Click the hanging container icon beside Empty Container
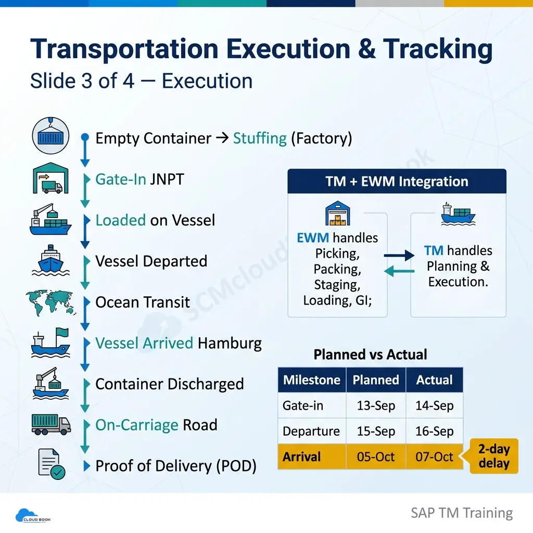coord(50,136)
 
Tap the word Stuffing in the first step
coord(260,138)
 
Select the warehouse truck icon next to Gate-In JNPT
coord(50,178)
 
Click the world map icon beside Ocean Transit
coord(50,302)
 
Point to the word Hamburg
coord(230,344)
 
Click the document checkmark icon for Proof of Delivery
coord(52,464)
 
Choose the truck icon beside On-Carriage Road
coord(51,424)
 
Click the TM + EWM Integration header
coord(397,181)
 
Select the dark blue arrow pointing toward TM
coord(399,255)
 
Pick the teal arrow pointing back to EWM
coord(399,271)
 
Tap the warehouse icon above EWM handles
coord(337,213)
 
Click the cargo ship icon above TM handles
coord(458,214)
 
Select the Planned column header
coord(376,379)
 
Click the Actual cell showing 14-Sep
coord(435,405)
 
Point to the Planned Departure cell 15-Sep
coord(376,431)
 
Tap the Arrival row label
coord(301,456)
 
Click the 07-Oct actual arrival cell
coord(435,456)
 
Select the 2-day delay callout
coord(493,456)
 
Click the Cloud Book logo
coord(33,516)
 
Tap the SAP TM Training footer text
coord(462,513)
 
